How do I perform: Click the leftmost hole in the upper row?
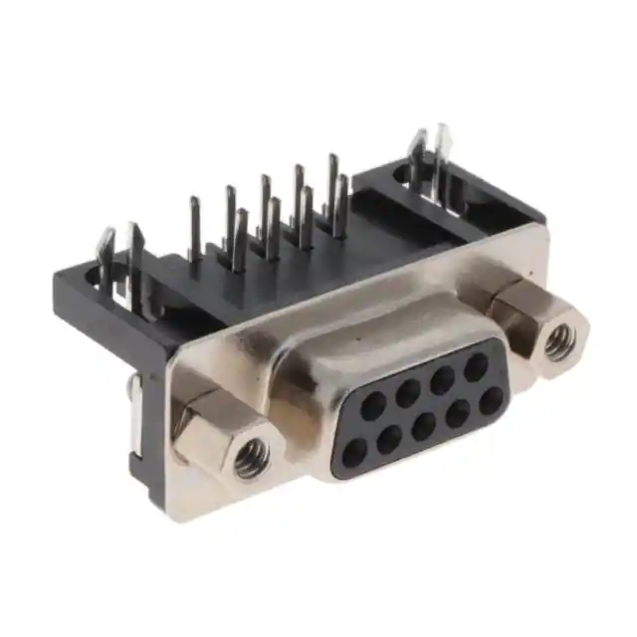tap(374, 404)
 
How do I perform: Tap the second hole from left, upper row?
tap(407, 391)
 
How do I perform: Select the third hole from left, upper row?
tap(441, 378)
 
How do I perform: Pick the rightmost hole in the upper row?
tap(475, 365)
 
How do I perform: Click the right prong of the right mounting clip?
tap(442, 159)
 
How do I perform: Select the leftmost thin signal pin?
tap(195, 229)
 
